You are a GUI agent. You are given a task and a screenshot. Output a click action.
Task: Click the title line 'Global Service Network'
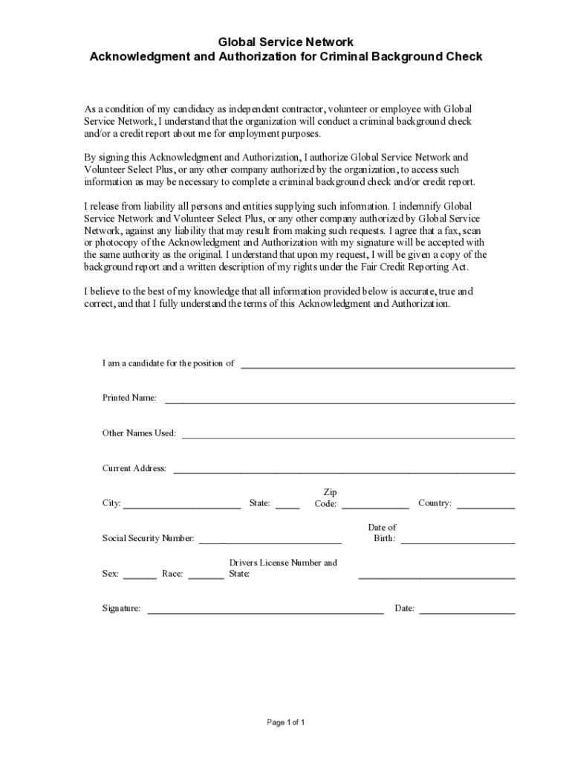click(x=286, y=42)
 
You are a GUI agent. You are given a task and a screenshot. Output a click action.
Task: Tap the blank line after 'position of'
click(x=377, y=364)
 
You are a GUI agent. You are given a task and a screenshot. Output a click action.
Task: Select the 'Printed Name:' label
click(x=129, y=398)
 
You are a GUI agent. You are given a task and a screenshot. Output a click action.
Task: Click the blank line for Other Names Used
click(x=348, y=434)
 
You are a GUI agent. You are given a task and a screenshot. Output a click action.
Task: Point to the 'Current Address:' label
click(x=134, y=468)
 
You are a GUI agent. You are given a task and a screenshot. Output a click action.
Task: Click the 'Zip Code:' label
click(x=327, y=498)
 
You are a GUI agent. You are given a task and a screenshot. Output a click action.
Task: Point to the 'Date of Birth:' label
click(x=383, y=533)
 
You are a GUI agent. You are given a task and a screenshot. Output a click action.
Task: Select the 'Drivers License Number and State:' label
click(x=282, y=568)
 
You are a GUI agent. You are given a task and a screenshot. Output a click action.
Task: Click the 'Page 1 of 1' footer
click(x=286, y=722)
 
